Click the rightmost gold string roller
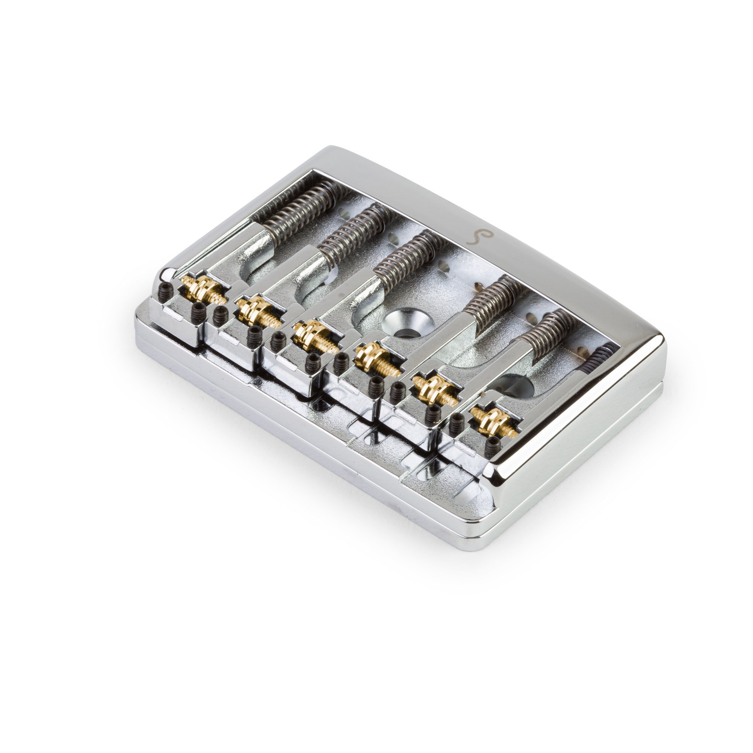(x=493, y=421)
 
